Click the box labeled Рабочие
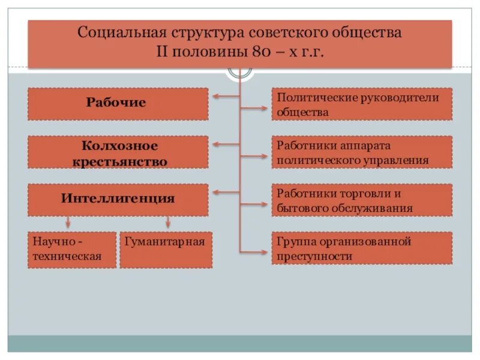[x=118, y=104]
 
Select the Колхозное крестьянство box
[x=118, y=152]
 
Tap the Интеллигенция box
[x=118, y=199]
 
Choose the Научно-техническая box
[x=71, y=250]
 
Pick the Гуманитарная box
[x=166, y=250]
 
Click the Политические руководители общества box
[x=362, y=104]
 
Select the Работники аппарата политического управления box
[x=362, y=152]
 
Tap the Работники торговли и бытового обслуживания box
[x=362, y=200]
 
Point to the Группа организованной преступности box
[x=362, y=248]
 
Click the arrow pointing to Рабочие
[x=226, y=96]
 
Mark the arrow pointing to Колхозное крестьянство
[x=226, y=144]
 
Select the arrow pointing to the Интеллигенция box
[x=226, y=193]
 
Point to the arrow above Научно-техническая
[x=68, y=222]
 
